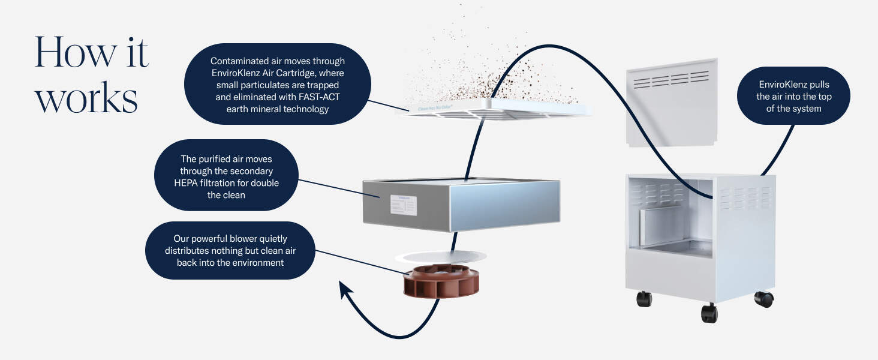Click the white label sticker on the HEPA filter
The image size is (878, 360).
(404, 205)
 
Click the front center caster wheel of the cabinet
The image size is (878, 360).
(709, 313)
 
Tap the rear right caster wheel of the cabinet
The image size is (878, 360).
(763, 298)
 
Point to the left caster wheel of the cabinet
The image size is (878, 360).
(644, 298)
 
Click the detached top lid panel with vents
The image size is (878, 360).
(672, 102)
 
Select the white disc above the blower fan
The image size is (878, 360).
(440, 257)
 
